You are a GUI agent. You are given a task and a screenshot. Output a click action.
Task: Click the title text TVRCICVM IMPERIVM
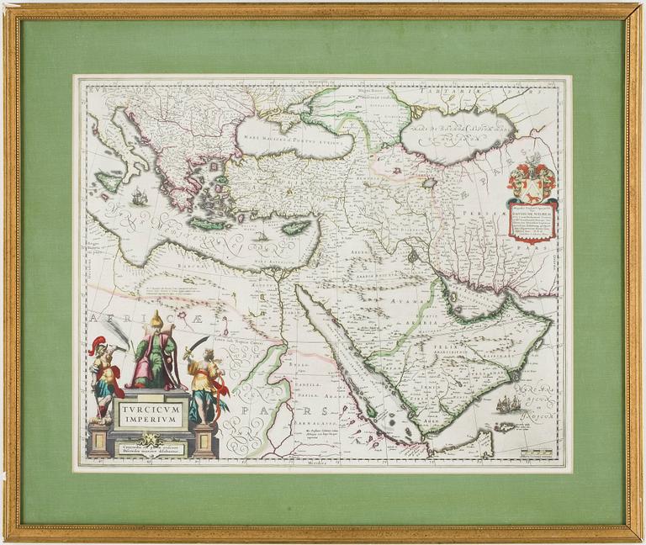[x=152, y=411]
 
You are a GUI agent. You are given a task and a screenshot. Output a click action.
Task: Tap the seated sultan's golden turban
[x=155, y=320]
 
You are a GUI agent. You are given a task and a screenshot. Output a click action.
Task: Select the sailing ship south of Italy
[x=139, y=198]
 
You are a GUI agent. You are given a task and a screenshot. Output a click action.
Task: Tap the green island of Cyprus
[x=297, y=227]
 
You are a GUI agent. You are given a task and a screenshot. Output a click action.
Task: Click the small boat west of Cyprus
[x=262, y=236]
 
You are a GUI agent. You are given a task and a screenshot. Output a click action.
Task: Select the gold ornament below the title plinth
[x=152, y=438]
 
